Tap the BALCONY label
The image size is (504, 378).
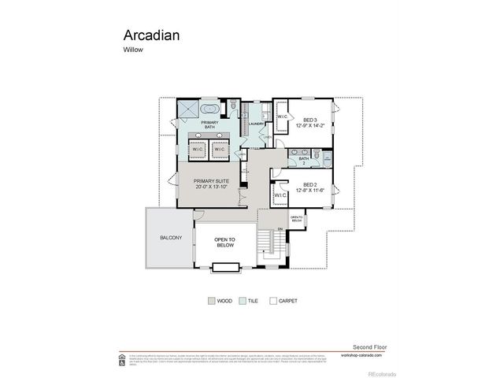171,238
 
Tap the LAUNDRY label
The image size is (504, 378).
255,124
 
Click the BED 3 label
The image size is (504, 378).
309,122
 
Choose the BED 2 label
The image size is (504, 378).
309,186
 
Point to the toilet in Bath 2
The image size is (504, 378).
322,155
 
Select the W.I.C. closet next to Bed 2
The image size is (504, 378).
280,195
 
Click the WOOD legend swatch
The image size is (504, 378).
211,300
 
